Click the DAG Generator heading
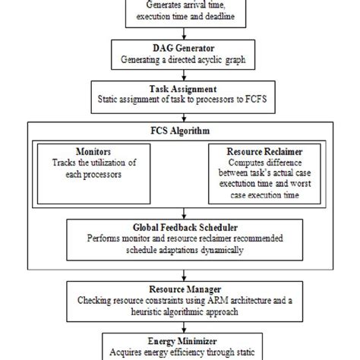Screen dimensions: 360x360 pyautogui.click(x=180, y=47)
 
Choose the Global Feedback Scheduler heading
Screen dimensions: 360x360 pyautogui.click(x=180, y=226)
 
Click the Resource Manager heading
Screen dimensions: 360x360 pyautogui.click(x=180, y=289)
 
